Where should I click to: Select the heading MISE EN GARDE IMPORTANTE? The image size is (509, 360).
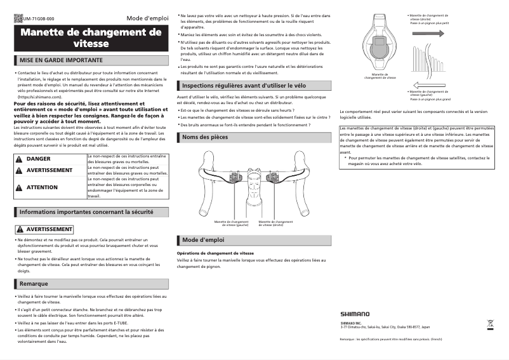(61, 60)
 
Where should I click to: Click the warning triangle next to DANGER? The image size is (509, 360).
(19, 158)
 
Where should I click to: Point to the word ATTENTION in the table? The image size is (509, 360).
(42, 187)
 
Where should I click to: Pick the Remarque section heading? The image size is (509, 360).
(34, 283)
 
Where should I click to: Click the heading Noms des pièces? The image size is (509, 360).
(204, 137)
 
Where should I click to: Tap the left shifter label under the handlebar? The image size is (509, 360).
(231, 223)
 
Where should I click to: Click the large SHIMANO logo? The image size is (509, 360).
(354, 314)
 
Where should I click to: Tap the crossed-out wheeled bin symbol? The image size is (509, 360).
(490, 323)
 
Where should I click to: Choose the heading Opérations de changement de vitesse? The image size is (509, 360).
(215, 253)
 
